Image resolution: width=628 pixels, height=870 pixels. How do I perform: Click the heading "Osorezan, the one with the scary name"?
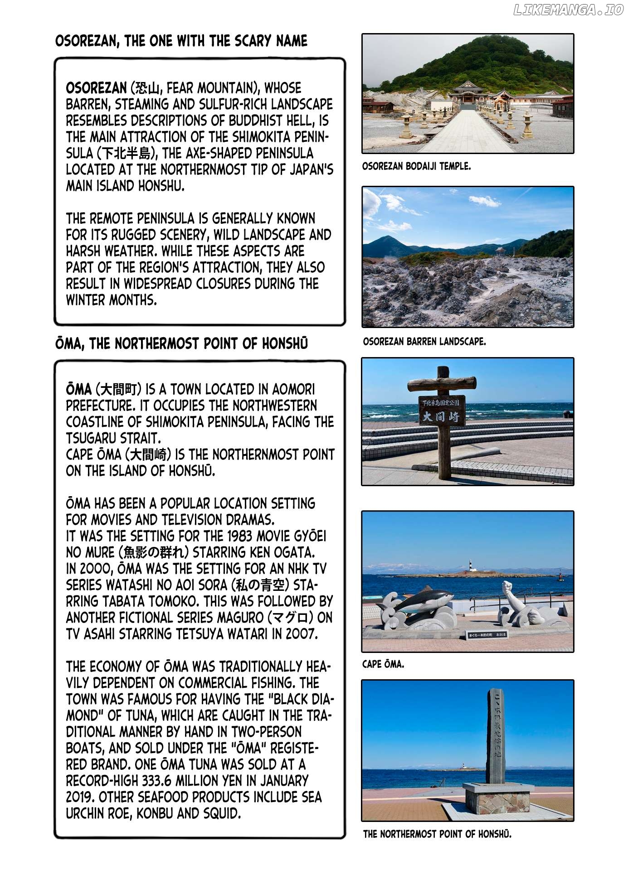point(181,41)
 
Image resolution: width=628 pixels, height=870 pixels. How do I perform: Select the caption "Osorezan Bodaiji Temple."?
point(416,166)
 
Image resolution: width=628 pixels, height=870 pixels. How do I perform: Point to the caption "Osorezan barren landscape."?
point(424,341)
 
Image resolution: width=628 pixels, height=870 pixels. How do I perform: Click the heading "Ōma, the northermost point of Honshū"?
point(181,344)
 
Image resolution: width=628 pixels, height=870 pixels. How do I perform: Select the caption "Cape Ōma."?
point(383,664)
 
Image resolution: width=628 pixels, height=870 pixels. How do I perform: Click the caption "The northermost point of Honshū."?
point(437,834)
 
